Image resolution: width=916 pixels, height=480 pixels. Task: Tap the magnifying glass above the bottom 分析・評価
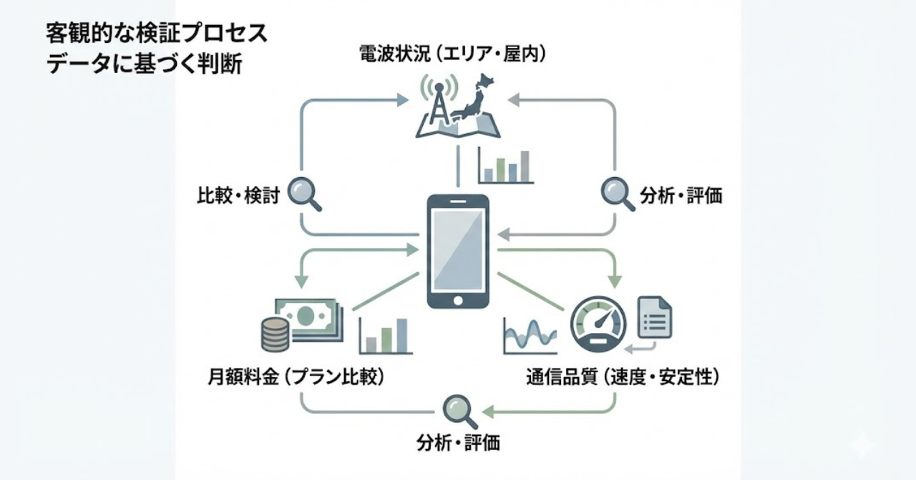coord(458,410)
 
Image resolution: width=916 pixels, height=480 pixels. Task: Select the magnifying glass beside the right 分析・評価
coord(617,193)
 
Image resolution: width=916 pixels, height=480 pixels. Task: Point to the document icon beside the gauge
coord(654,317)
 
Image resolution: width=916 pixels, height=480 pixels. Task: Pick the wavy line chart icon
coord(530,334)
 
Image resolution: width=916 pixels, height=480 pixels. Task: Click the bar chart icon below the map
coord(506,166)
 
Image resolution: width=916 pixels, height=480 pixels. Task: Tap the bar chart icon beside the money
coord(384,335)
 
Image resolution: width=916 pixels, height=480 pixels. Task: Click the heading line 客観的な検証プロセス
coord(157,34)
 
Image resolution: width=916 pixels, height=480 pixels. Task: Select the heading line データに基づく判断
coord(144,64)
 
